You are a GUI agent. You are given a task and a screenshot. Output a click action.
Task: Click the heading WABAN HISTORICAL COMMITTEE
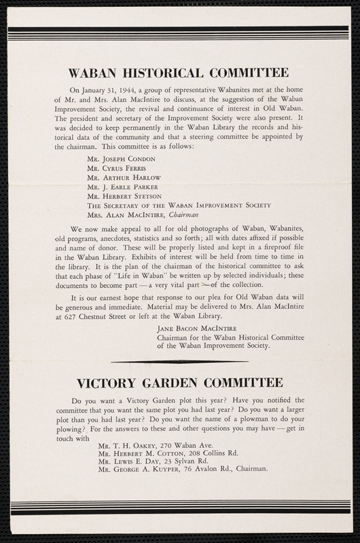click(179, 73)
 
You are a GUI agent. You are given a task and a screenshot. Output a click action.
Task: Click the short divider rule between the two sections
click(179, 362)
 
